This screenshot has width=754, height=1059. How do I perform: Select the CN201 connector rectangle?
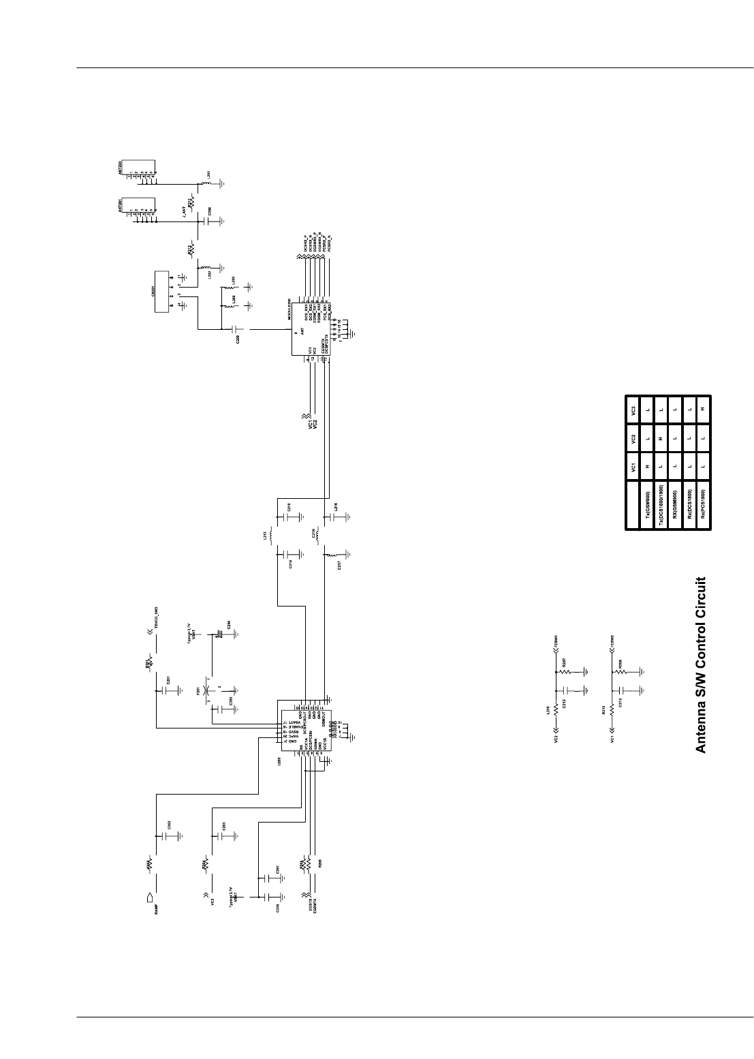[162, 292]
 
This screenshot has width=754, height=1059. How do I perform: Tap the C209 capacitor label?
[238, 339]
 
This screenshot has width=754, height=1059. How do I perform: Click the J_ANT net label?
[183, 212]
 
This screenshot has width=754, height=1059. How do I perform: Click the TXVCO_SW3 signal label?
[157, 616]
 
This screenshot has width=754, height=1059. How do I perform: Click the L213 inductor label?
[264, 537]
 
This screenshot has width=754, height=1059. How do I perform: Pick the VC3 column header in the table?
[634, 411]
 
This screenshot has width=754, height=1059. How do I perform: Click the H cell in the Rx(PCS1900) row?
[703, 411]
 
